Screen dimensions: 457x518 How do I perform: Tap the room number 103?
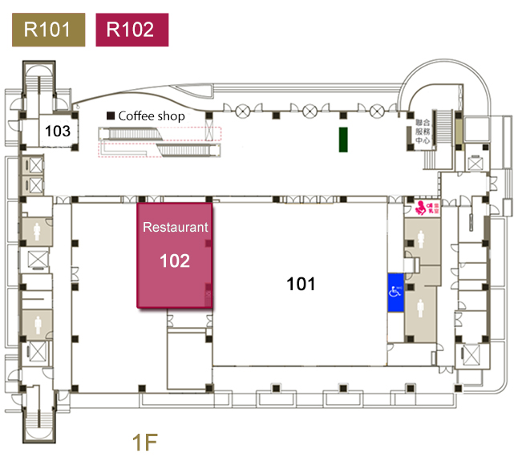tap(57, 131)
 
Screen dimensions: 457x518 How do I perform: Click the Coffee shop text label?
tap(152, 116)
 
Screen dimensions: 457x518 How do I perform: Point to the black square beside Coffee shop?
tap(111, 116)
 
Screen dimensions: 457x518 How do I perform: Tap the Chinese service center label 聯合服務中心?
tap(424, 133)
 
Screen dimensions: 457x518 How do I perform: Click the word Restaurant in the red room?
tap(175, 228)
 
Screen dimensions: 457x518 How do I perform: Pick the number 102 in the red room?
tap(175, 261)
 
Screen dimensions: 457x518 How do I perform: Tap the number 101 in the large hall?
tap(301, 283)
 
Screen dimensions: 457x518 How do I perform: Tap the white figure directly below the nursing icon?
tap(422, 239)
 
